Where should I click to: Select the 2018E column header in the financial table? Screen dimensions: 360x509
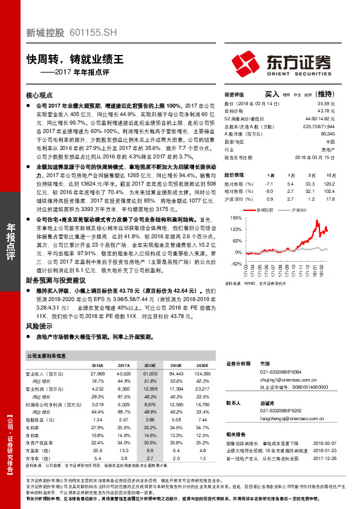pyautogui.click(x=151, y=366)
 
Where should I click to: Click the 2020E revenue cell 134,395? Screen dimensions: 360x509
pyautogui.click(x=203, y=375)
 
